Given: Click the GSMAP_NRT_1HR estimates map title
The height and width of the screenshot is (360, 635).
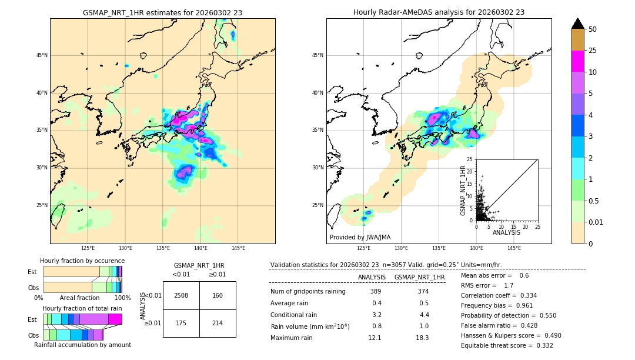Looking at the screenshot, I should (162, 12).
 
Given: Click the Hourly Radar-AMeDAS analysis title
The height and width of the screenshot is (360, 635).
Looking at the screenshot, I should (439, 12).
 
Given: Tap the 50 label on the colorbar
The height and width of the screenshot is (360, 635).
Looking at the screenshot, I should (593, 29).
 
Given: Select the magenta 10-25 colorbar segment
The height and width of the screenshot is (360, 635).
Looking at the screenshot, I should (577, 61).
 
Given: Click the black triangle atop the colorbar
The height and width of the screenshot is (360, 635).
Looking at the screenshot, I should (577, 24).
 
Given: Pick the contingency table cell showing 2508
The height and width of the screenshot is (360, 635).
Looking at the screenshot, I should (181, 295).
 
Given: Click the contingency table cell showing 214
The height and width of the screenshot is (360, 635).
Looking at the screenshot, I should (218, 323).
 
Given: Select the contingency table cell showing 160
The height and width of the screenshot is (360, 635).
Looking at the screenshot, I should (218, 295).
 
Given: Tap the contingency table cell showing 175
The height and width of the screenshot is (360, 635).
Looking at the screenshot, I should (181, 323).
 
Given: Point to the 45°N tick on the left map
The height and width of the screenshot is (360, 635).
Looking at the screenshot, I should (42, 55).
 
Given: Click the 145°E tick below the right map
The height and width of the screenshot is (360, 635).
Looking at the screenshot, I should (514, 248).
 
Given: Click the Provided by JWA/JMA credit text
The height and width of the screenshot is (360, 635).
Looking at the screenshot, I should (360, 237).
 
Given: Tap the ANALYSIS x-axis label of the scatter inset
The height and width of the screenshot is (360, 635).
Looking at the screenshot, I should (506, 232).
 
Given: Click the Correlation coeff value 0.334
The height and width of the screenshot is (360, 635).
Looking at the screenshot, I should (524, 295).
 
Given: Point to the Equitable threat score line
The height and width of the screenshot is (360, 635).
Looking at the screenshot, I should (507, 345).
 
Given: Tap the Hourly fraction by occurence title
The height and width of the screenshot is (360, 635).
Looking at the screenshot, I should (82, 261).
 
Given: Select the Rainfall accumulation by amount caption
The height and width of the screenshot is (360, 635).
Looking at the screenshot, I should (82, 345).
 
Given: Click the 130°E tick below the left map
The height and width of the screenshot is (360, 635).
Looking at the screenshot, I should (125, 248).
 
